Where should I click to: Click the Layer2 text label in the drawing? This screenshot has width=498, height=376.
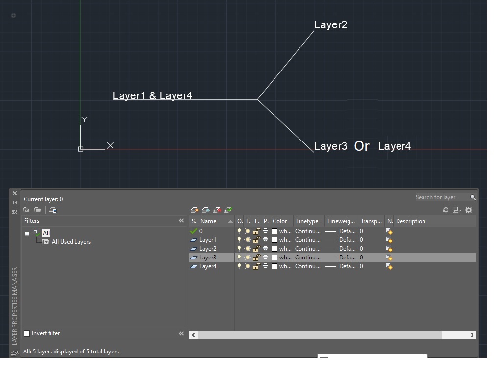[x=330, y=25]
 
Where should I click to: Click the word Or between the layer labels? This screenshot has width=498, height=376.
[x=362, y=146]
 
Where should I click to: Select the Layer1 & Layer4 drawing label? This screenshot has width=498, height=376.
[x=152, y=96]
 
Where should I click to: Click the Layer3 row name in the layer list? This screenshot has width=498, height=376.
[x=208, y=258]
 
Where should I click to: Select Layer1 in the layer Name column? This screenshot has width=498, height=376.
[x=208, y=240]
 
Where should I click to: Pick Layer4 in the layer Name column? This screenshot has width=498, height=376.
[x=208, y=266]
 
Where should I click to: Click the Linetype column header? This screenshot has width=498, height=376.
[x=307, y=221]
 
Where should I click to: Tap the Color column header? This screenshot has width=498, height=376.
[x=280, y=221]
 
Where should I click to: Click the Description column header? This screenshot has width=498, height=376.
[x=411, y=221]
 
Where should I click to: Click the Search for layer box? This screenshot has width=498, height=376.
[x=441, y=197]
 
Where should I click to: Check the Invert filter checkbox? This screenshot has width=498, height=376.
[x=27, y=334]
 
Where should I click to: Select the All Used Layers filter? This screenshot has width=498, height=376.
[x=71, y=242]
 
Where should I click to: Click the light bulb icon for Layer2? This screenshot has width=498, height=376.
[x=239, y=249]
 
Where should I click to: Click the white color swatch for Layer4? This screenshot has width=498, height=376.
[x=274, y=266]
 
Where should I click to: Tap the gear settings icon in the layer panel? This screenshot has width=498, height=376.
[x=469, y=210]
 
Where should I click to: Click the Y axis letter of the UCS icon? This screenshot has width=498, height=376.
[x=85, y=119]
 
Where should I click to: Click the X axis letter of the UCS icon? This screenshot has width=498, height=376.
[x=110, y=145]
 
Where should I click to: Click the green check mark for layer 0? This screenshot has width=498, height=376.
[x=194, y=231]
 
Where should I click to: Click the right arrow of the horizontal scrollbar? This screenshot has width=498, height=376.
[x=473, y=335]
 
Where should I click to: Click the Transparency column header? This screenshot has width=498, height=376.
[x=371, y=221]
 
